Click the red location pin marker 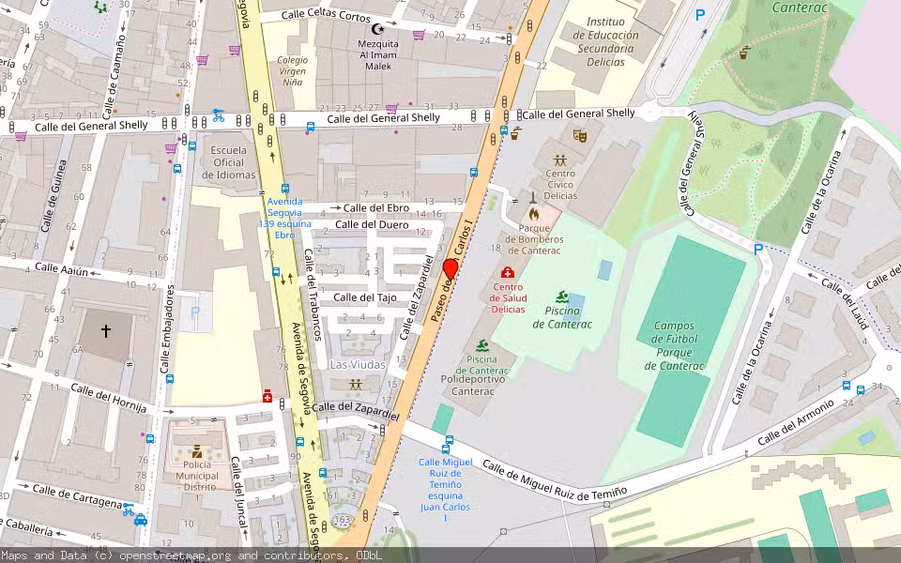click(x=450, y=269)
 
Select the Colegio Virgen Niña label click(x=292, y=70)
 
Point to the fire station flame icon click(x=534, y=213)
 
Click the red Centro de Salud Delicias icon click(x=508, y=272)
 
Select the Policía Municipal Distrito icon click(x=197, y=451)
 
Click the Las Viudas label click(x=358, y=364)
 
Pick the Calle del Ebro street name click(x=376, y=207)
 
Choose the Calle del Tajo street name click(x=365, y=297)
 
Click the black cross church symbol click(x=106, y=331)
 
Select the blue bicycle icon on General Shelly click(x=218, y=115)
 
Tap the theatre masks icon click(x=580, y=137)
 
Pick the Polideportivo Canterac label click(x=473, y=385)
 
